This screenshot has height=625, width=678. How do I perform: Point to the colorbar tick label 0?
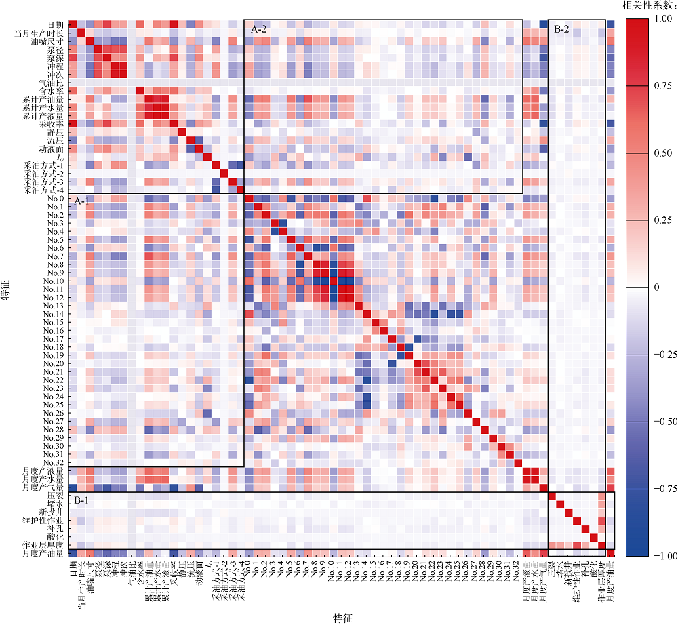coord(654,288)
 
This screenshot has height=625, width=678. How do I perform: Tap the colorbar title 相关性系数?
coord(649,5)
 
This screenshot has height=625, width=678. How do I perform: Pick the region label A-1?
coord(83,201)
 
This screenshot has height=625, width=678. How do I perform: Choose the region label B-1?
coord(83,500)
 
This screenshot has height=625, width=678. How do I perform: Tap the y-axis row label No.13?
coord(52,306)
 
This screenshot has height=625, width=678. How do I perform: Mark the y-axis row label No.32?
coord(52,462)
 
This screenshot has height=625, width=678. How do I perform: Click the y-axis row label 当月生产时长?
coord(40,33)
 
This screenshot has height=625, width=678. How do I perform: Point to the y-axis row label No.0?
coord(54,199)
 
